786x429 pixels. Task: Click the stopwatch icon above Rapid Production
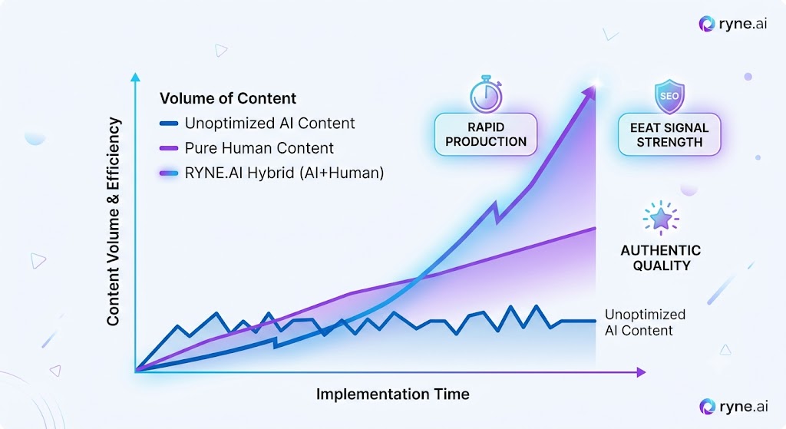pyautogui.click(x=486, y=94)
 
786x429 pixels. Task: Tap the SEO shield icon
pyautogui.click(x=669, y=96)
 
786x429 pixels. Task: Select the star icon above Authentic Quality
pyautogui.click(x=661, y=218)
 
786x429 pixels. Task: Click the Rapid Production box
pyautogui.click(x=486, y=134)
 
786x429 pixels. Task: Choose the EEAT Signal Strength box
pyautogui.click(x=669, y=135)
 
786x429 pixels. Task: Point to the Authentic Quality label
pyautogui.click(x=661, y=258)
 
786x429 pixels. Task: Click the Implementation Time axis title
pyautogui.click(x=392, y=394)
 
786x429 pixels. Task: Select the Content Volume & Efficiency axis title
pyautogui.click(x=114, y=222)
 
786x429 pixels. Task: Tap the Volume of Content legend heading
pyautogui.click(x=227, y=98)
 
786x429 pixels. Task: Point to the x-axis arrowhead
pyautogui.click(x=641, y=372)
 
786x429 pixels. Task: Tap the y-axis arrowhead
pyautogui.click(x=135, y=77)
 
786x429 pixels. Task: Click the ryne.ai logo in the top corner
pyautogui.click(x=733, y=24)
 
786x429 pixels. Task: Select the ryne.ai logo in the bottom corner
pyautogui.click(x=733, y=407)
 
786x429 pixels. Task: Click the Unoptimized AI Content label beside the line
pyautogui.click(x=645, y=322)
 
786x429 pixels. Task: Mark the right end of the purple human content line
pyautogui.click(x=596, y=228)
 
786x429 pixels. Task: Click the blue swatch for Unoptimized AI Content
pyautogui.click(x=169, y=124)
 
